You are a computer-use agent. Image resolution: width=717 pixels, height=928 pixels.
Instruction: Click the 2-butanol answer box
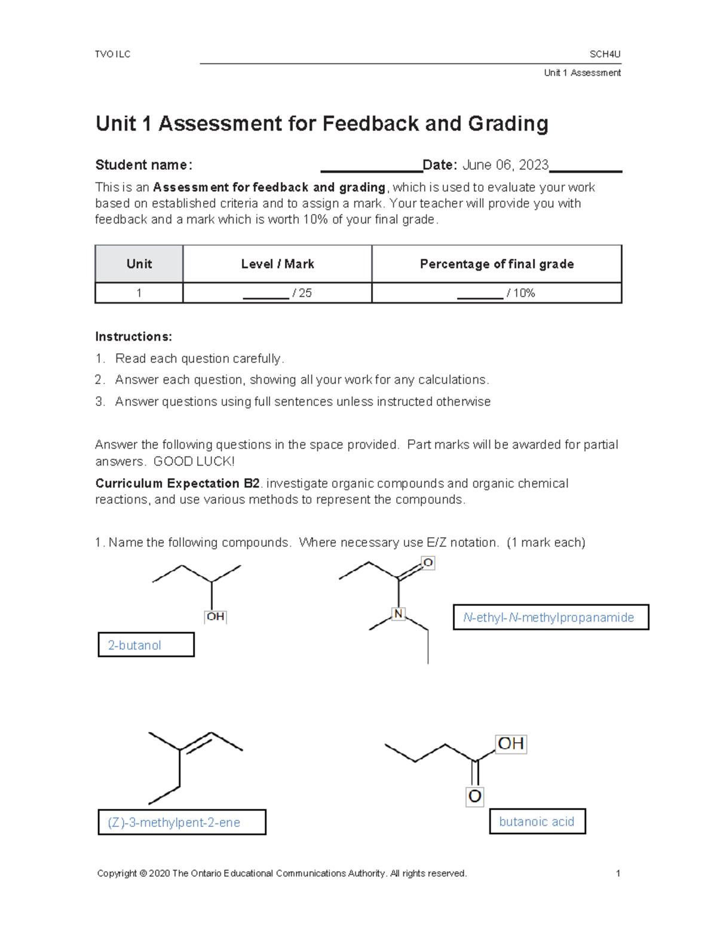(146, 645)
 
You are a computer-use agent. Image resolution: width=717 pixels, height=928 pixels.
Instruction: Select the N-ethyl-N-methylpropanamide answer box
(550, 617)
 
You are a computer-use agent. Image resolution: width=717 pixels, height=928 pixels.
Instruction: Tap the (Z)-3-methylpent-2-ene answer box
(182, 822)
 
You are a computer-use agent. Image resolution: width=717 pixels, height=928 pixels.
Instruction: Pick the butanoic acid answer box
(537, 821)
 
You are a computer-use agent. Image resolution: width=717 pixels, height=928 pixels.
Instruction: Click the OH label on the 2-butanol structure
(215, 616)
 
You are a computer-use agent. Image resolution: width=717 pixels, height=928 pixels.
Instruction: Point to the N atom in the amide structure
(399, 614)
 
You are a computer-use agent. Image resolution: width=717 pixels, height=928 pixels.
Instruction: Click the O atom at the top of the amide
(428, 563)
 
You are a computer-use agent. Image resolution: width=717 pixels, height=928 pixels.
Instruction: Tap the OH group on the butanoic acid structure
(511, 744)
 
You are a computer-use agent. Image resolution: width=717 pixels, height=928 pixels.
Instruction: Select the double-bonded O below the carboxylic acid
(474, 796)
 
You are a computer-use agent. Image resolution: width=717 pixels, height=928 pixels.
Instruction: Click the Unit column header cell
(139, 264)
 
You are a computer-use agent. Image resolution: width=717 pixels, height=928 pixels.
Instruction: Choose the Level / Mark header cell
(277, 264)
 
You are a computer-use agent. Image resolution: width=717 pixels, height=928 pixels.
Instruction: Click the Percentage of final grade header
(497, 264)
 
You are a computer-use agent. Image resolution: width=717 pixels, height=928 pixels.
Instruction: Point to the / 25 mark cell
(277, 293)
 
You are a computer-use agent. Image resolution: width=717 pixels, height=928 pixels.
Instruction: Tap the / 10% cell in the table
(497, 293)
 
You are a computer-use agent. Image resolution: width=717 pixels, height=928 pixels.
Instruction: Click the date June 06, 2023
(505, 165)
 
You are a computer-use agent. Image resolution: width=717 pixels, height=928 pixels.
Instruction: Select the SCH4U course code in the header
(605, 54)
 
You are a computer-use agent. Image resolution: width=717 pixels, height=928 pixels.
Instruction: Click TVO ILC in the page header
(112, 54)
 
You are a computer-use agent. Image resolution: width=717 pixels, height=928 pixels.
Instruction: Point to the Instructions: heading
(133, 336)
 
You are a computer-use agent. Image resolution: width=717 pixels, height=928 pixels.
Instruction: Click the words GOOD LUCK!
(194, 461)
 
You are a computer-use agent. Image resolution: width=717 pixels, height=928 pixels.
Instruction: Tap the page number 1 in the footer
(618, 873)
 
